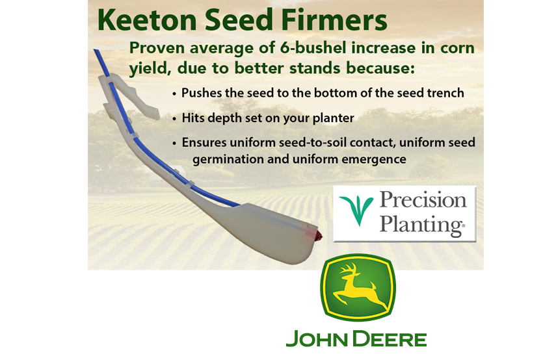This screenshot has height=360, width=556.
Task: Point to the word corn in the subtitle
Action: click(x=458, y=48)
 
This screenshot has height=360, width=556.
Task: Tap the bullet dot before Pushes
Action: click(x=174, y=94)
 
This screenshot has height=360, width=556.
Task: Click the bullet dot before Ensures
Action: click(x=174, y=143)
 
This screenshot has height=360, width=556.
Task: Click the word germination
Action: click(x=222, y=159)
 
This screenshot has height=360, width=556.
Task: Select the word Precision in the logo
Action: click(x=423, y=200)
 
